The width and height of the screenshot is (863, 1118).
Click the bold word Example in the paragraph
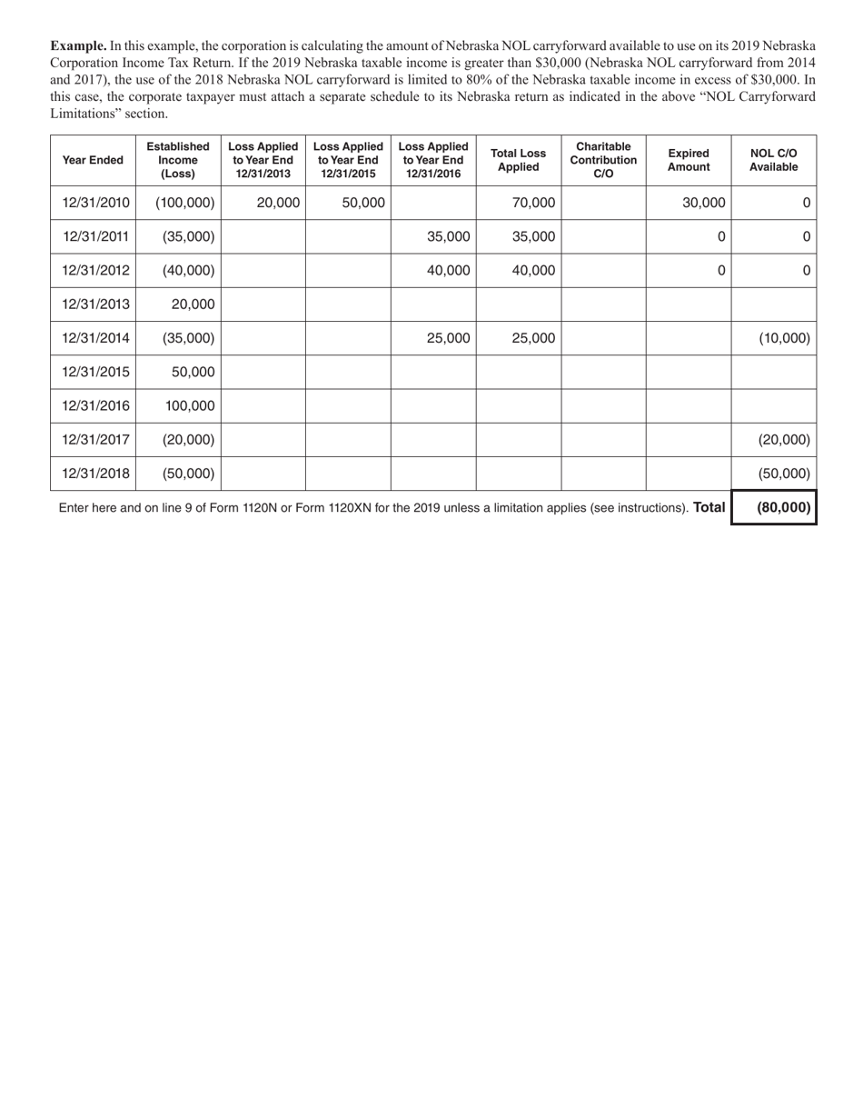[x=78, y=45]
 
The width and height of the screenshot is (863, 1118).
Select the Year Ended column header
[x=93, y=160]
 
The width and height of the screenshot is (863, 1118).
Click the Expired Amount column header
[x=689, y=160]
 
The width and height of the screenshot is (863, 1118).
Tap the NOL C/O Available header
[x=773, y=160]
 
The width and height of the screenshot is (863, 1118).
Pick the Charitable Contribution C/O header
[x=603, y=160]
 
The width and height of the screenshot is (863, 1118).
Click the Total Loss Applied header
[x=518, y=160]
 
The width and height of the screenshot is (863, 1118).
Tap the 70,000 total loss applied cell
[x=533, y=204]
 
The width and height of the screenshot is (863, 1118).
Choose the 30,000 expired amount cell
[x=704, y=204]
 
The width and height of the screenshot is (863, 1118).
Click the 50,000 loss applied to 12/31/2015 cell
[x=362, y=204]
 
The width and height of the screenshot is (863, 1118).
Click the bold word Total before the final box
[x=709, y=508]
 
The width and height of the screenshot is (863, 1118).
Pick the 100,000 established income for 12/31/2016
[x=190, y=406]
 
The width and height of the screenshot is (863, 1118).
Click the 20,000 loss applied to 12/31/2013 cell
[x=278, y=204]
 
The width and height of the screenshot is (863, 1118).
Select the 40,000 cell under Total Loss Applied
[x=533, y=271]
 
